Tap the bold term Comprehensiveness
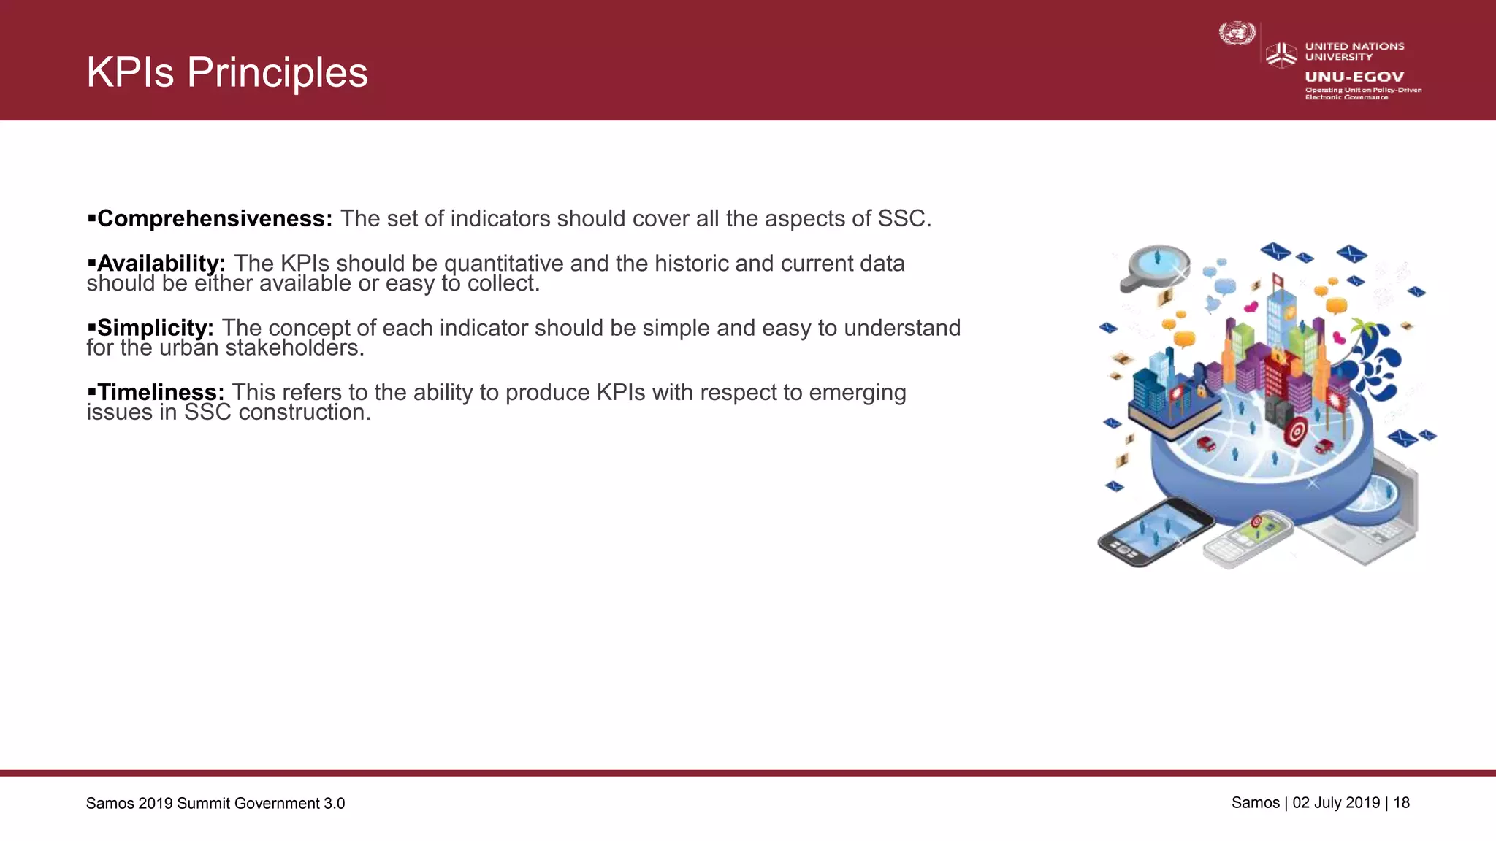point(215,218)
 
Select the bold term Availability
point(161,263)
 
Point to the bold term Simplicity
point(155,328)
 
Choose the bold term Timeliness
point(161,392)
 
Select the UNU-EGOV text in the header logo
point(1354,77)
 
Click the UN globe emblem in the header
point(1237,34)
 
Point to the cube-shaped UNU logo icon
point(1281,55)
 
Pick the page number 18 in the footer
point(1401,803)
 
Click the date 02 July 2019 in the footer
point(1336,803)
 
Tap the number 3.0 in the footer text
point(335,804)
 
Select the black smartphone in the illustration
point(1154,531)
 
